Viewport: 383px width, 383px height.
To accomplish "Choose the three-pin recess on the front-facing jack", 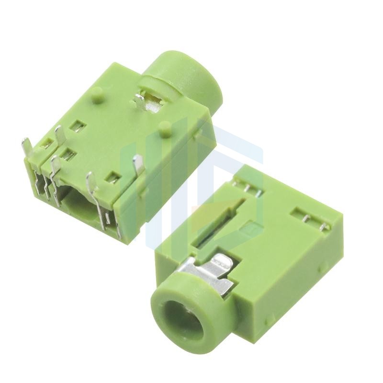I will [248, 187].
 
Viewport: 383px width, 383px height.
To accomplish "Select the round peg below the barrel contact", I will [165, 128].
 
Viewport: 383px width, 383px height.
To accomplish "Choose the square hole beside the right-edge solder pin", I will [113, 179].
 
